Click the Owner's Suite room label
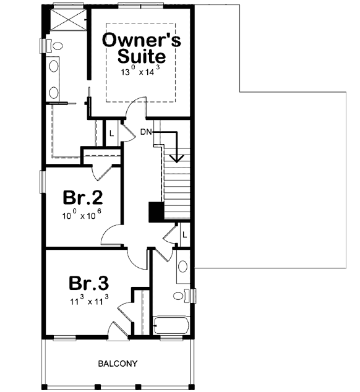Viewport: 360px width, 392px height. click(x=141, y=49)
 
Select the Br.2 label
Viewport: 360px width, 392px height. click(x=82, y=198)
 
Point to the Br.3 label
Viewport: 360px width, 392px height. click(x=88, y=283)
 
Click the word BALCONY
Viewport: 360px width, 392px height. click(x=117, y=364)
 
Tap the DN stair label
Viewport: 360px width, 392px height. click(x=146, y=132)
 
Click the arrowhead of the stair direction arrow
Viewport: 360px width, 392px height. click(x=177, y=158)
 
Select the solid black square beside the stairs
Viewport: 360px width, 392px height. click(x=155, y=211)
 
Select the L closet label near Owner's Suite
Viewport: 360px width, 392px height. click(x=111, y=132)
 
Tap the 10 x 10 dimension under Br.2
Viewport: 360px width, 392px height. click(x=82, y=218)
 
